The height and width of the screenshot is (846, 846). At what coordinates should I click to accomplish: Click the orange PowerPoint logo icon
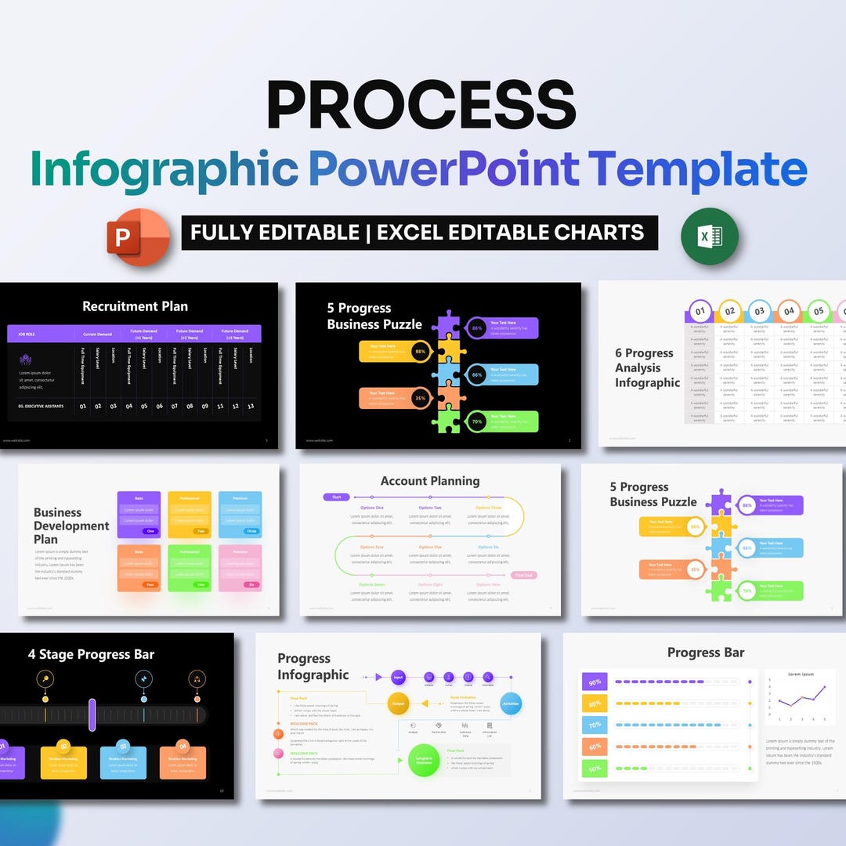tap(139, 236)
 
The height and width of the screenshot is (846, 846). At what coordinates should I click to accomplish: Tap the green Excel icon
tap(709, 236)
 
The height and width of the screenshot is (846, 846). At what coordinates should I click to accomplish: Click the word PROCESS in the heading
tap(421, 105)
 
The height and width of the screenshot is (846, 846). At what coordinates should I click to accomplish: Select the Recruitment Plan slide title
tap(135, 306)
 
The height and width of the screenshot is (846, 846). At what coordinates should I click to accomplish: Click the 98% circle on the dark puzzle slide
tap(421, 352)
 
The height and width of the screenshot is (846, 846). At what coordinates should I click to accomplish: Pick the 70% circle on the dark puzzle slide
tap(476, 421)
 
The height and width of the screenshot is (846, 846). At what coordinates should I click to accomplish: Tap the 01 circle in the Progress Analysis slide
tap(700, 311)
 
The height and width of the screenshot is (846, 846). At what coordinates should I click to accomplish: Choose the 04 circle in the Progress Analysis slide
tap(789, 311)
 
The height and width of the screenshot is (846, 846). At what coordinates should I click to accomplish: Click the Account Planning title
tap(429, 481)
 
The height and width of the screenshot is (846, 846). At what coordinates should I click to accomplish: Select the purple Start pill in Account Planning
tap(336, 497)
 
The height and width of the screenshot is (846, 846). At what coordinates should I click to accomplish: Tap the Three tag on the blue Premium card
tap(251, 530)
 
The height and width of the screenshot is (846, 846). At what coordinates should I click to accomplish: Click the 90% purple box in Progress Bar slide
tap(595, 681)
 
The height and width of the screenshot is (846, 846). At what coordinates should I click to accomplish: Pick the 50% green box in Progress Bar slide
tap(595, 768)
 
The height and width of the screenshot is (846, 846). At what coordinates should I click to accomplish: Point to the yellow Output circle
tap(398, 703)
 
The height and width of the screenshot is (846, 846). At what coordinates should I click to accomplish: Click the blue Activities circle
tap(511, 703)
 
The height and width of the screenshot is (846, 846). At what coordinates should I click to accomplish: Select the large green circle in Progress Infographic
tap(424, 761)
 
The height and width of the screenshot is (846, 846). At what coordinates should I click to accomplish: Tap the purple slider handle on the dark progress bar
tap(92, 714)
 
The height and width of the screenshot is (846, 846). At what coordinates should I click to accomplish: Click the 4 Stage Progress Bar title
tap(91, 655)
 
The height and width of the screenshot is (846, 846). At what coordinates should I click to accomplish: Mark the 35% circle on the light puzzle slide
tap(695, 569)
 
